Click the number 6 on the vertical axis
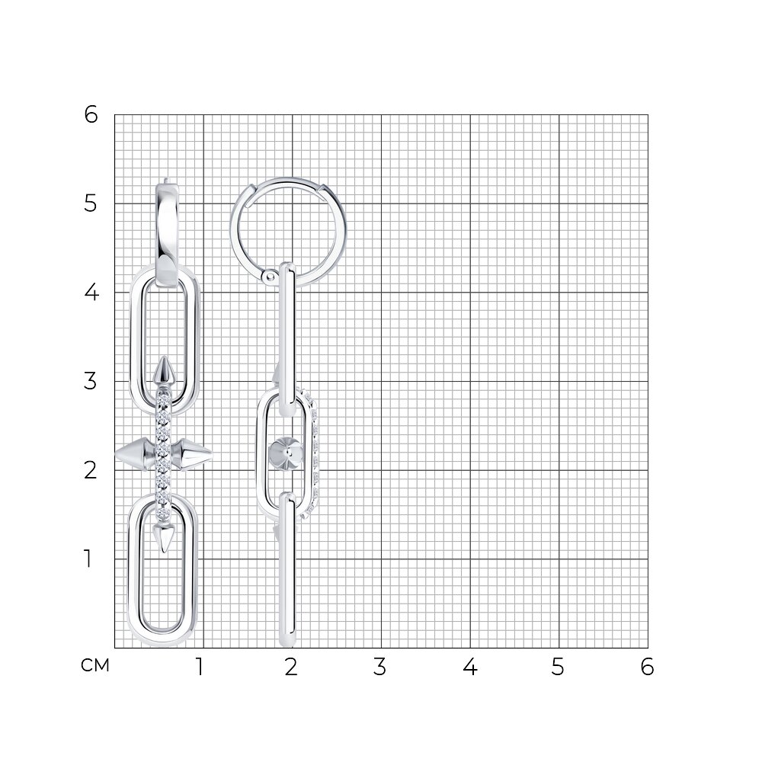pyautogui.click(x=91, y=115)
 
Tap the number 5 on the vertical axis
pyautogui.click(x=91, y=203)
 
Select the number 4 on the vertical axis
pyautogui.click(x=91, y=293)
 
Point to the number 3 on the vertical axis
pyautogui.click(x=91, y=381)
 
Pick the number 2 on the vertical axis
pyautogui.click(x=91, y=470)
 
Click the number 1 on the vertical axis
pyautogui.click(x=88, y=559)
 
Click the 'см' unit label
pyautogui.click(x=95, y=666)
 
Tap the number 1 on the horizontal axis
pyautogui.click(x=199, y=667)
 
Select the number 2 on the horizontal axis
pyautogui.click(x=290, y=667)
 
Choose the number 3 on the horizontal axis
pyautogui.click(x=379, y=667)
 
